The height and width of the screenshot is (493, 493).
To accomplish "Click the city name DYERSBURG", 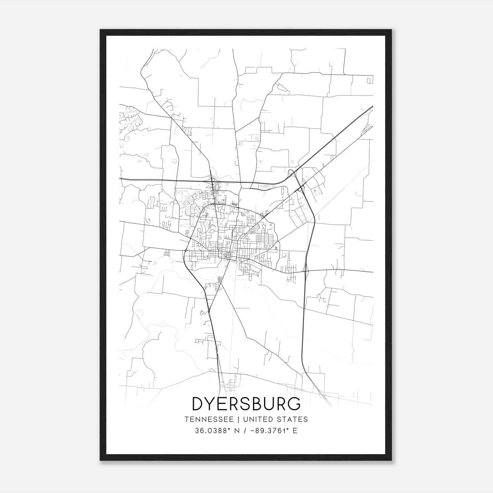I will coord(246,404).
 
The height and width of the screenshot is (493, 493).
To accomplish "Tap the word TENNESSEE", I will coord(209,419).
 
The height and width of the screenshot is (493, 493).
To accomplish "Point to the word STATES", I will coord(292,419).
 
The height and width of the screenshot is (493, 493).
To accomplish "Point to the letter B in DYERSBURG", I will coord(253,404).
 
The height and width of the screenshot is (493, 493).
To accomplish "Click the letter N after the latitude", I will coord(237,431).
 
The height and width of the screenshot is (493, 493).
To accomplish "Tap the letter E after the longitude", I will coord(295,431).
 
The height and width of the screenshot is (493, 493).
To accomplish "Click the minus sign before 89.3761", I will coord(253,431).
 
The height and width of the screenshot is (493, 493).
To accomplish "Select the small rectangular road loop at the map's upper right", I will coord(369,81).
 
